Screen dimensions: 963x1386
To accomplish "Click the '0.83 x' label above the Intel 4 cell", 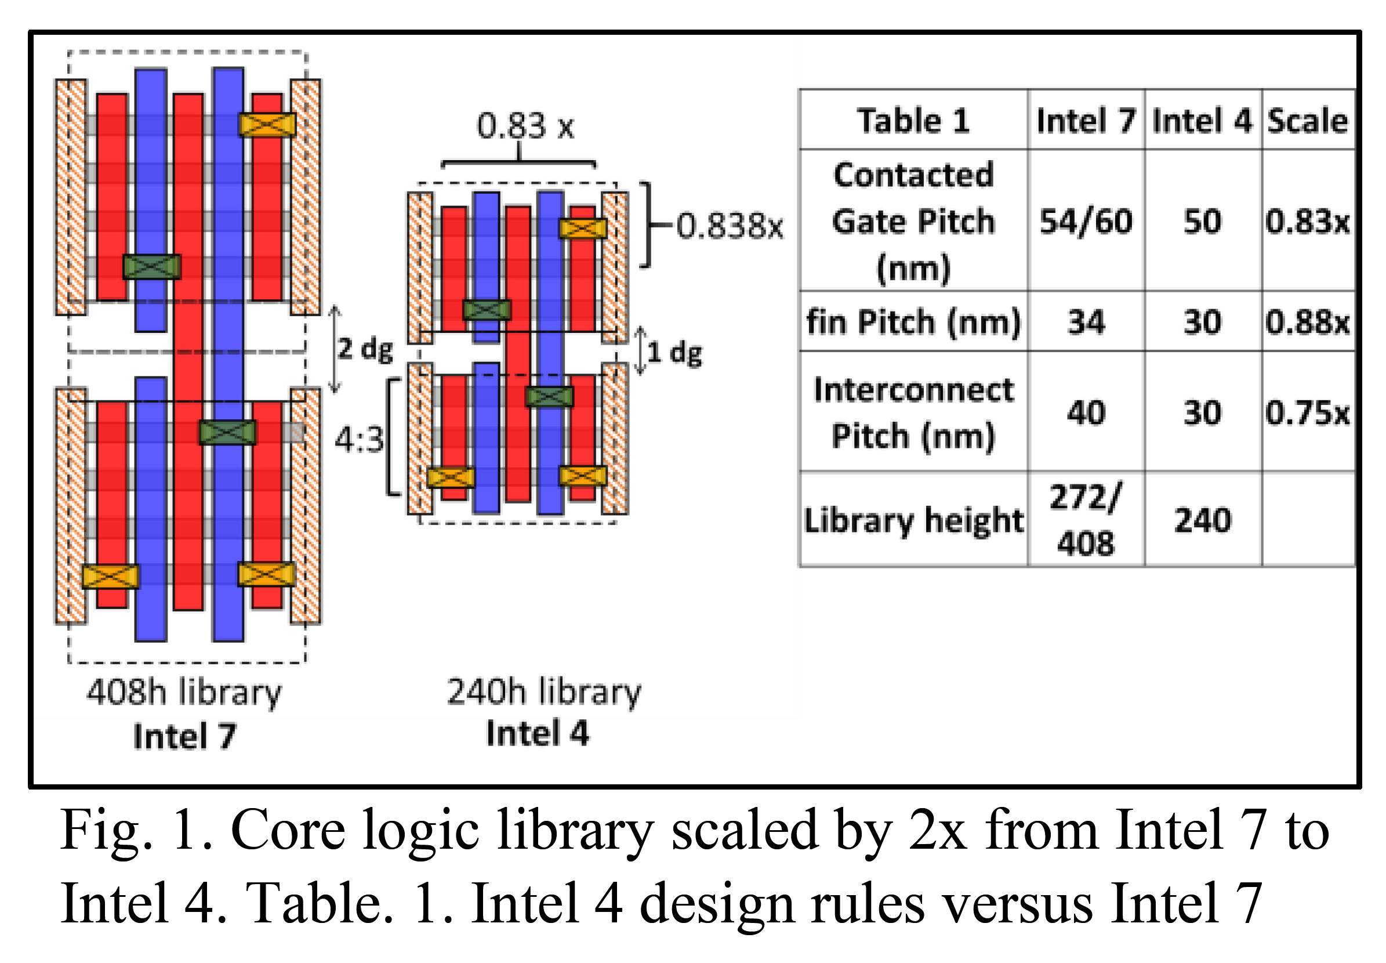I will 525,126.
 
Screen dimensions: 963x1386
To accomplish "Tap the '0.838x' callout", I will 729,226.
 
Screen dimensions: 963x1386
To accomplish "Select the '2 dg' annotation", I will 365,349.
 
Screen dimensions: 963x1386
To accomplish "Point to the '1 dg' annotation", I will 674,352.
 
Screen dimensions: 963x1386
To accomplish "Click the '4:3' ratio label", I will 359,439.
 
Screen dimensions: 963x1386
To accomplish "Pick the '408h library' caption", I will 184,692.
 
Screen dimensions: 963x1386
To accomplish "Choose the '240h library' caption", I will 543,692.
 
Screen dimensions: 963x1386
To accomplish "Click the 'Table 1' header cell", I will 913,121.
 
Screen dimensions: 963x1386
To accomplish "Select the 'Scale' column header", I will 1308,121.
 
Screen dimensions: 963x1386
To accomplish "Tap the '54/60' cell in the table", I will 1086,222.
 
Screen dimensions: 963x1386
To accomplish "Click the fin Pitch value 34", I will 1086,321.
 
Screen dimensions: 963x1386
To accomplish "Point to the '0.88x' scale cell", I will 1308,321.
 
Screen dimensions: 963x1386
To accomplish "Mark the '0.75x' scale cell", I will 1308,412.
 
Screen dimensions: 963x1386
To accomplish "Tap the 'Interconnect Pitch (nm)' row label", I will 913,412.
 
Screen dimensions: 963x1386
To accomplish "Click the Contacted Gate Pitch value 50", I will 1203,222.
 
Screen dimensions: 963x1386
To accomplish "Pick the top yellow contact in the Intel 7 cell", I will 267,125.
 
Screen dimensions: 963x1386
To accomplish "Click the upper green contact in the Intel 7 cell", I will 152,267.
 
